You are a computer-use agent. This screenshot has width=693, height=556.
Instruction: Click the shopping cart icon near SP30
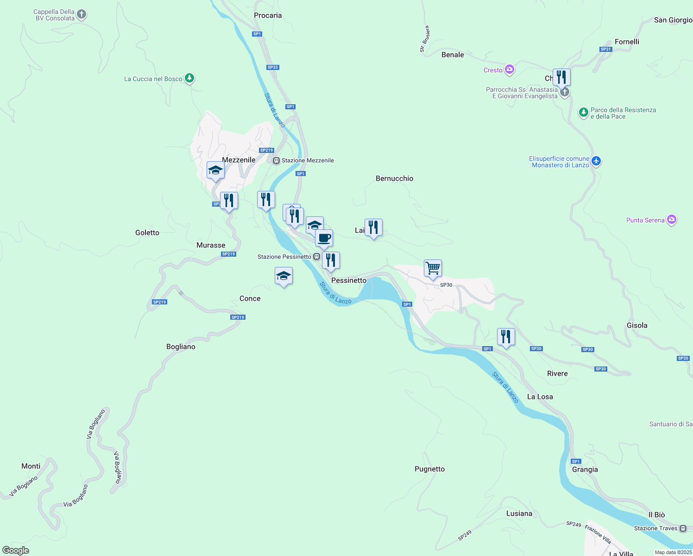pyautogui.click(x=433, y=268)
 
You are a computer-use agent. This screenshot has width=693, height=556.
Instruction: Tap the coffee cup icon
pyautogui.click(x=324, y=238)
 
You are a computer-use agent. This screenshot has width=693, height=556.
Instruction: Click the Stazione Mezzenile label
pyautogui.click(x=308, y=160)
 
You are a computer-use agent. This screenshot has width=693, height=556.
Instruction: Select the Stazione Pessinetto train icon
pyautogui.click(x=316, y=257)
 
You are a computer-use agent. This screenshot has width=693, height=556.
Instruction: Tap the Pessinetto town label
pyautogui.click(x=349, y=280)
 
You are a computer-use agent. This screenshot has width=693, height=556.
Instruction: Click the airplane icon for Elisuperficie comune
pyautogui.click(x=596, y=161)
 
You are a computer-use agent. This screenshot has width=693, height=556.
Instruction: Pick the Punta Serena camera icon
pyautogui.click(x=672, y=220)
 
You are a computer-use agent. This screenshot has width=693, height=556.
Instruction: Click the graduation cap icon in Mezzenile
pyautogui.click(x=215, y=170)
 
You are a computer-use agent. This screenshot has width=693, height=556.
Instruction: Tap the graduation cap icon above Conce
pyautogui.click(x=283, y=276)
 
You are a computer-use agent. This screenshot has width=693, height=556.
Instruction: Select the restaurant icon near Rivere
pyautogui.click(x=506, y=337)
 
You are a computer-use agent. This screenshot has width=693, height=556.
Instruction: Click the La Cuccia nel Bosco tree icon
pyautogui.click(x=189, y=78)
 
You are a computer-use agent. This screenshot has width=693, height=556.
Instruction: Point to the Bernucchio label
pyautogui.click(x=394, y=178)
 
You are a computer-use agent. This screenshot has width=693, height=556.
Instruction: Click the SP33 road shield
pyautogui.click(x=273, y=67)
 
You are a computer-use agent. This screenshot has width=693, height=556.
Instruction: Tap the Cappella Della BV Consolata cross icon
pyautogui.click(x=81, y=14)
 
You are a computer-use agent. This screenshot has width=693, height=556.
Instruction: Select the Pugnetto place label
pyautogui.click(x=429, y=469)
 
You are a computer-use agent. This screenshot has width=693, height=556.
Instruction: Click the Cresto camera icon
pyautogui.click(x=510, y=69)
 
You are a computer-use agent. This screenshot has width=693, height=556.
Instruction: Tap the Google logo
pyautogui.click(x=16, y=550)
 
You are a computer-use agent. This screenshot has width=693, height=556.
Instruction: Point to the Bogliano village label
pyautogui.click(x=181, y=347)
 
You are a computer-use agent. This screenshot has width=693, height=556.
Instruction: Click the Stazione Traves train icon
pyautogui.click(x=683, y=528)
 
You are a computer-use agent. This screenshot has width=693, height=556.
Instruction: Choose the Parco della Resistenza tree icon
pyautogui.click(x=584, y=112)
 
